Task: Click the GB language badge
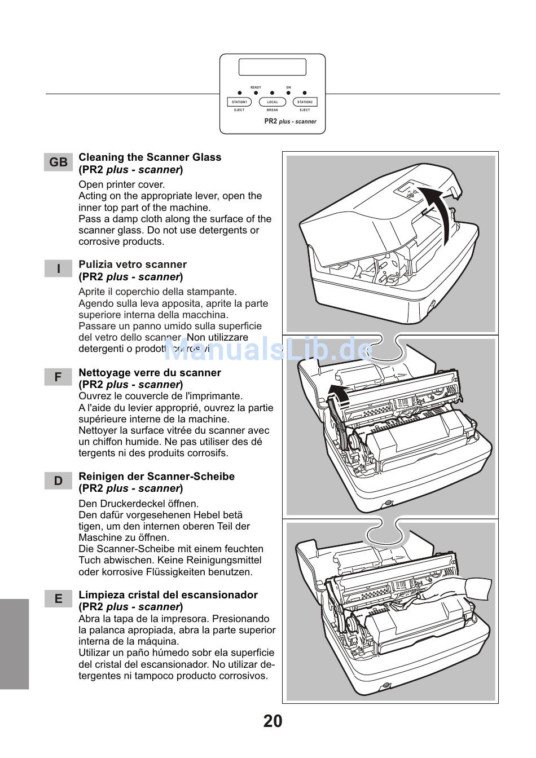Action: pyautogui.click(x=58, y=162)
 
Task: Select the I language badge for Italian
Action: pyautogui.click(x=58, y=269)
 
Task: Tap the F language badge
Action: pyautogui.click(x=58, y=377)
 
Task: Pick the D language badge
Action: pyautogui.click(x=58, y=481)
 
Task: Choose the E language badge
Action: pyautogui.click(x=58, y=599)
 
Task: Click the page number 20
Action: pyautogui.click(x=273, y=721)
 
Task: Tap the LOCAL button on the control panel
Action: pyautogui.click(x=273, y=102)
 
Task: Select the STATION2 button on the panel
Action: pyautogui.click(x=305, y=102)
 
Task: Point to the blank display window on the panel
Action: pyautogui.click(x=273, y=67)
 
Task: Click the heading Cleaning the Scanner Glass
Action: pyautogui.click(x=150, y=157)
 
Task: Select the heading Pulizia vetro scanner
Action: pyautogui.click(x=133, y=265)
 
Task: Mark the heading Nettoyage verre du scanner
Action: pyautogui.click(x=150, y=373)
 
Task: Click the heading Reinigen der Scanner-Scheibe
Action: pyautogui.click(x=156, y=477)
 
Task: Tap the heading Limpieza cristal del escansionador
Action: pyautogui.click(x=168, y=595)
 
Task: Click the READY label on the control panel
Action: pyautogui.click(x=256, y=87)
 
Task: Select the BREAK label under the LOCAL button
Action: pyautogui.click(x=273, y=110)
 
